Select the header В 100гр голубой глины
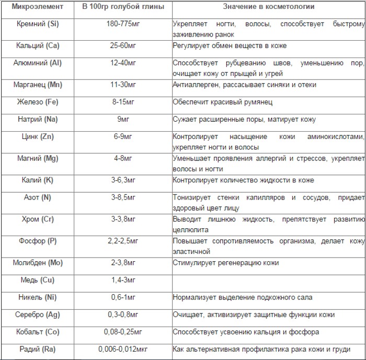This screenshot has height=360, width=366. pyautogui.click(x=123, y=7)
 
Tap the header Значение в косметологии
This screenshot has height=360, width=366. pyautogui.click(x=270, y=7)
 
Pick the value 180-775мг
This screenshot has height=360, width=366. pyautogui.click(x=124, y=24)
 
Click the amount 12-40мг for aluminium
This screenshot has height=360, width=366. pyautogui.click(x=124, y=63)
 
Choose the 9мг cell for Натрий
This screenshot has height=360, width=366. pyautogui.click(x=124, y=120)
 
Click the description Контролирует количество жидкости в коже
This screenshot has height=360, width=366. pyautogui.click(x=243, y=180)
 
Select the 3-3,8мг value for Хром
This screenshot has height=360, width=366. pyautogui.click(x=124, y=219)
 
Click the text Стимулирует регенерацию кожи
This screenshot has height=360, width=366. pyautogui.click(x=226, y=263)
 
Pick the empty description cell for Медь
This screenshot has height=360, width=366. pyautogui.click(x=268, y=281)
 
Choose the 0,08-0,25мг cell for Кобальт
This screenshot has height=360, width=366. pyautogui.click(x=124, y=332)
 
